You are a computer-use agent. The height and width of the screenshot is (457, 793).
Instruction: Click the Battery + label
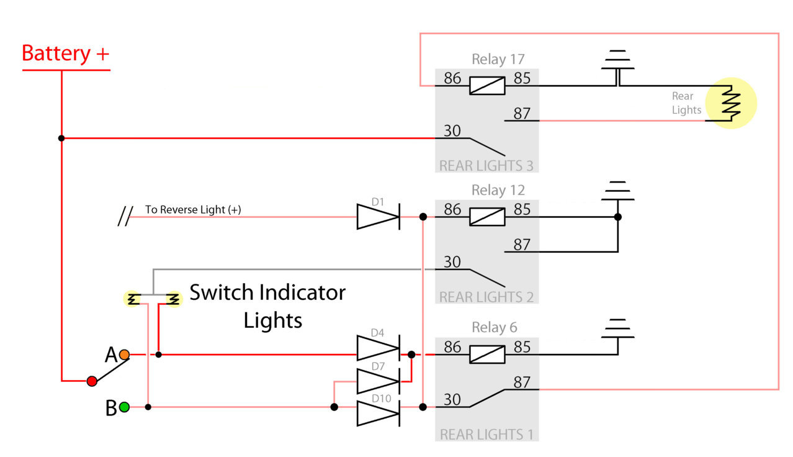66,53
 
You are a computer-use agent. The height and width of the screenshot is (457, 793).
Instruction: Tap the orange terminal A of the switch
124,355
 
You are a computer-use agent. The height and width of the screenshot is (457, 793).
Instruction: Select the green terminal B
124,407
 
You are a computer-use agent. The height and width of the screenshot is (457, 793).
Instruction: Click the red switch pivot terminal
92,381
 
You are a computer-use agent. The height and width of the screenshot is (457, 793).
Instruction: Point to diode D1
379,217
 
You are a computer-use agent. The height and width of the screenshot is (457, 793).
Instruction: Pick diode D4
379,348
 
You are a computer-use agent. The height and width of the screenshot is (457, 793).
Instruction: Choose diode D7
379,381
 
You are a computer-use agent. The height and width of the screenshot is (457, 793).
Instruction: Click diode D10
379,413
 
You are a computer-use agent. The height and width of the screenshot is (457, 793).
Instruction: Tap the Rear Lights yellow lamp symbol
731,103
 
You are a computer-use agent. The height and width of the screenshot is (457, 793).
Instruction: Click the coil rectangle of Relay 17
487,86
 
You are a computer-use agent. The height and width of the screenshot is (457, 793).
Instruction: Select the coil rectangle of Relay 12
487,217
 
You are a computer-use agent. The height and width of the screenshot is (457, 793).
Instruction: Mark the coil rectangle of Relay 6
487,355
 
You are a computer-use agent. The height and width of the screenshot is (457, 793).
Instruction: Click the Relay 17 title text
498,60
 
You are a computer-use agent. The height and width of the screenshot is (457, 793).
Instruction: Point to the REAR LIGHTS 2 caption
486,297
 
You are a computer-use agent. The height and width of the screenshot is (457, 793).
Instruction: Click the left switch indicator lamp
132,299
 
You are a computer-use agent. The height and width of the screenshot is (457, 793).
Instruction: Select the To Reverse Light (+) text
193,209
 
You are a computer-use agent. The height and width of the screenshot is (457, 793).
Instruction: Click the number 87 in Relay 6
522,382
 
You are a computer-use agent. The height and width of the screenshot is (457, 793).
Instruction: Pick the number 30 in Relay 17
452,131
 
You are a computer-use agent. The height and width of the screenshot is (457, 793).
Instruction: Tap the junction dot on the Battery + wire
61,138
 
